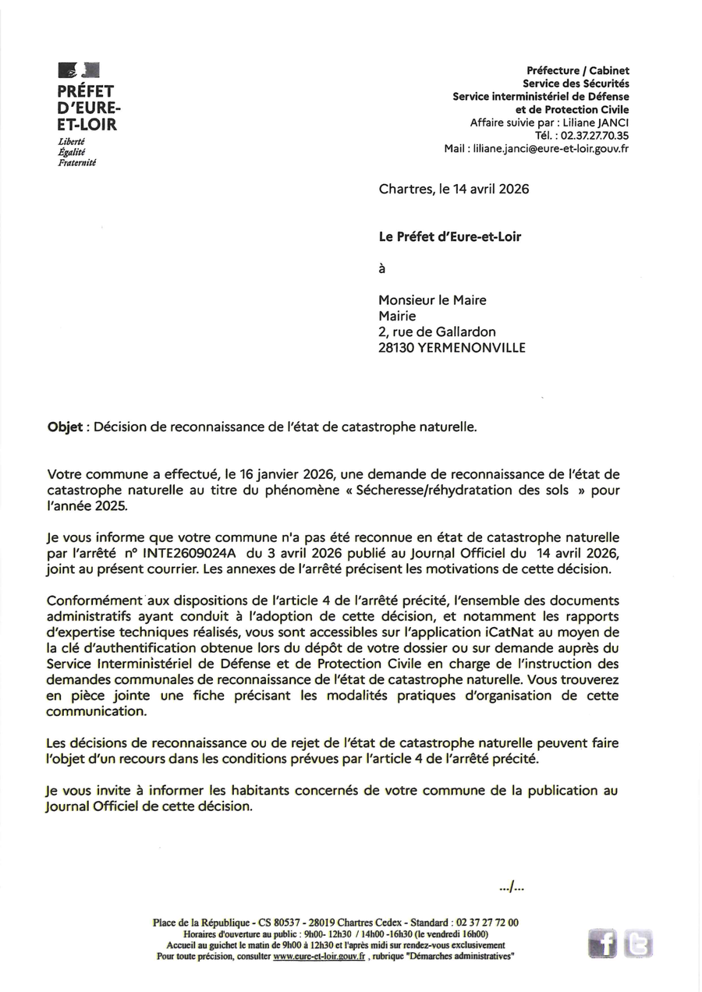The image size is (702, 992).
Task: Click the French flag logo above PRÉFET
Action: (78, 71)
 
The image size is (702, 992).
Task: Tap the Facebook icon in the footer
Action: (602, 944)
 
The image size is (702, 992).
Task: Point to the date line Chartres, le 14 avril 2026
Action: (454, 189)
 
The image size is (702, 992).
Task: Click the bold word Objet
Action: (66, 427)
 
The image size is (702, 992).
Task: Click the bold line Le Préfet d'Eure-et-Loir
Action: (449, 237)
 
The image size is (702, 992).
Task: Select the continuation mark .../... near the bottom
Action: (512, 887)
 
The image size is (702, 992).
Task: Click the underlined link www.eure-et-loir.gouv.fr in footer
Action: (319, 956)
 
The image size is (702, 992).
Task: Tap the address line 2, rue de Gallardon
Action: (437, 331)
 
